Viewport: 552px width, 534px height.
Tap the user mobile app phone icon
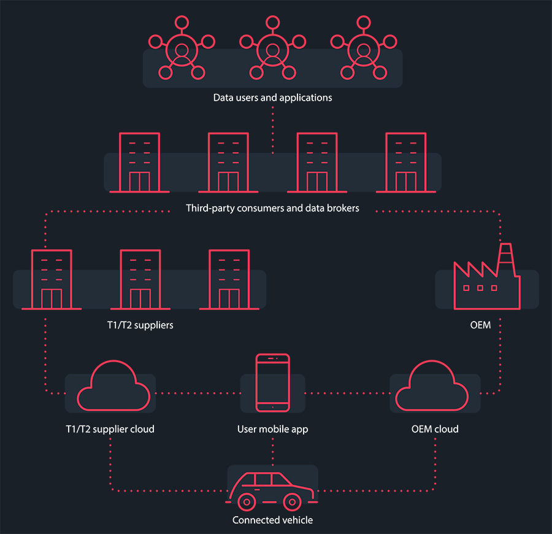click(x=273, y=383)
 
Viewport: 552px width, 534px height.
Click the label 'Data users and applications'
click(x=272, y=98)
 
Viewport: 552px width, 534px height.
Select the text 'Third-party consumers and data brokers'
click(x=272, y=208)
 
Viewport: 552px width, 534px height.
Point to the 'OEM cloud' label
click(x=435, y=429)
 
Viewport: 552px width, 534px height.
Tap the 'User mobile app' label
click(x=272, y=429)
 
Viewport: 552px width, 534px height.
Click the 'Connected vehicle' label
click(x=272, y=520)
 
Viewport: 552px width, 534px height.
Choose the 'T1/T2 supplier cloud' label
click(x=110, y=429)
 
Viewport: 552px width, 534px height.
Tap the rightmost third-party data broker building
click(x=405, y=163)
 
